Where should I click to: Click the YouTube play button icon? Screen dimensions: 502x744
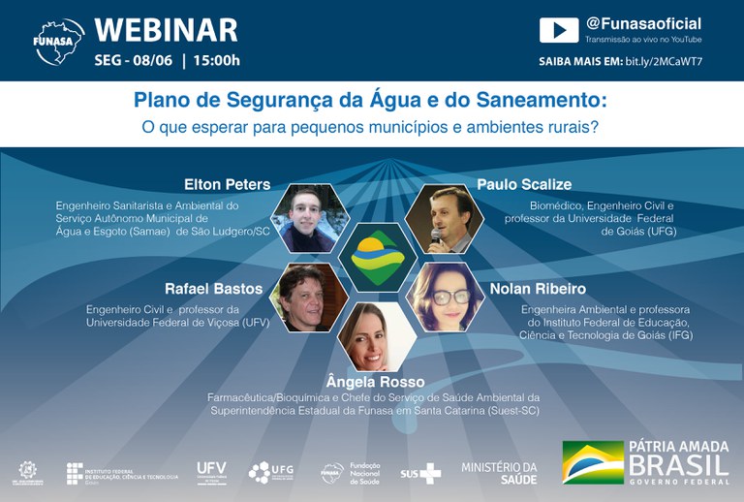[x=559, y=30]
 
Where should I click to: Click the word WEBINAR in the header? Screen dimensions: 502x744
[x=166, y=30]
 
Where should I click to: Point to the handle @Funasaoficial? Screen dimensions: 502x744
[x=643, y=23]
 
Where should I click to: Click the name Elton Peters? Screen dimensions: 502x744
[x=227, y=184]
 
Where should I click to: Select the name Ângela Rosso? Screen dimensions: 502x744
[x=376, y=382]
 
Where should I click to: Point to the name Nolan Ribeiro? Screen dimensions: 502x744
[x=538, y=289]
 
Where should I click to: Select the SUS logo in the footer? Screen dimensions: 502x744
[x=420, y=473]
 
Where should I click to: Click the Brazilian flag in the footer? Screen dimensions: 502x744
[x=593, y=462]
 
